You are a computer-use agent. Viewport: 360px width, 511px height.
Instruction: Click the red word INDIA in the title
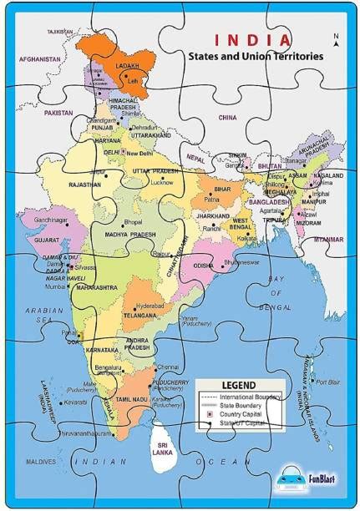click(x=252, y=39)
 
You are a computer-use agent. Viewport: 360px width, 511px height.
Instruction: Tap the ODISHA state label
click(x=202, y=265)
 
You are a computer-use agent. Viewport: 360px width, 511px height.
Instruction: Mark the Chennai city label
click(x=168, y=367)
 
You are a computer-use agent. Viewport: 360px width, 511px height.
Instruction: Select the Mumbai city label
click(x=56, y=286)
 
